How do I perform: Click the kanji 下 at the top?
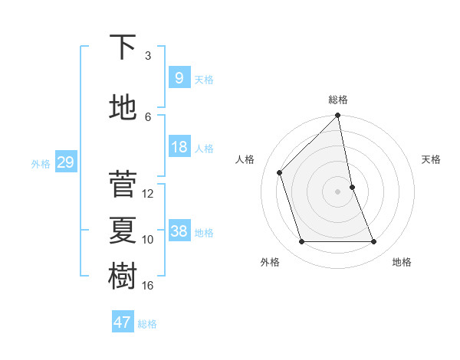[x=123, y=47]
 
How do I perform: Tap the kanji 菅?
[x=123, y=184]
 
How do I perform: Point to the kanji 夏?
[x=123, y=230]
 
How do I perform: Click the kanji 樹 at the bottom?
[x=123, y=277]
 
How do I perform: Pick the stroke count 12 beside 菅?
[x=148, y=194]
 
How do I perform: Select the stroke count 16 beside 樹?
[x=148, y=286]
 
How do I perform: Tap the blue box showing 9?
[x=179, y=78]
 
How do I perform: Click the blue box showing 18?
[x=179, y=147]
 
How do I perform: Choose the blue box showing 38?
[x=179, y=231]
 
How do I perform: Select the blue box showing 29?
[x=65, y=162]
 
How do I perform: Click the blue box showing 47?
[x=123, y=322]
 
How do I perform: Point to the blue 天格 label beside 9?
[x=204, y=79]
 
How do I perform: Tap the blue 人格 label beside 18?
[x=204, y=148]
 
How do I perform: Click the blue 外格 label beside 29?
[x=41, y=163]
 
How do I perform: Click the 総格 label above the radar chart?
[x=338, y=100]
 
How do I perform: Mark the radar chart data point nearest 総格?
[x=337, y=116]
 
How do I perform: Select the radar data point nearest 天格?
[x=352, y=187]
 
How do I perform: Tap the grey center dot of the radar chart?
[x=337, y=191]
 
